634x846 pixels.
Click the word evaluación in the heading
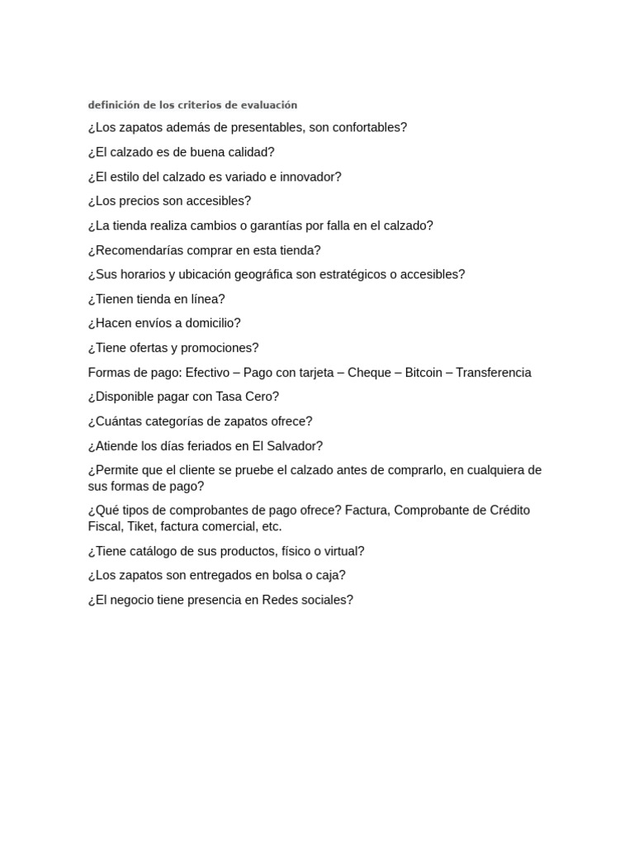pos(269,105)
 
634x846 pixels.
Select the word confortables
pos(367,127)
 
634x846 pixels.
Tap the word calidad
pos(250,152)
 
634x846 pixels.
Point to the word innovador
pos(310,177)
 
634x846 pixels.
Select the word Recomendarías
pos(136,250)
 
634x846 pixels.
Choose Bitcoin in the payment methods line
pos(423,373)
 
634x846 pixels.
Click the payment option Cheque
pos(369,373)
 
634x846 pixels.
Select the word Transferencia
pos(494,373)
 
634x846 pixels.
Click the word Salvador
pos(293,446)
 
